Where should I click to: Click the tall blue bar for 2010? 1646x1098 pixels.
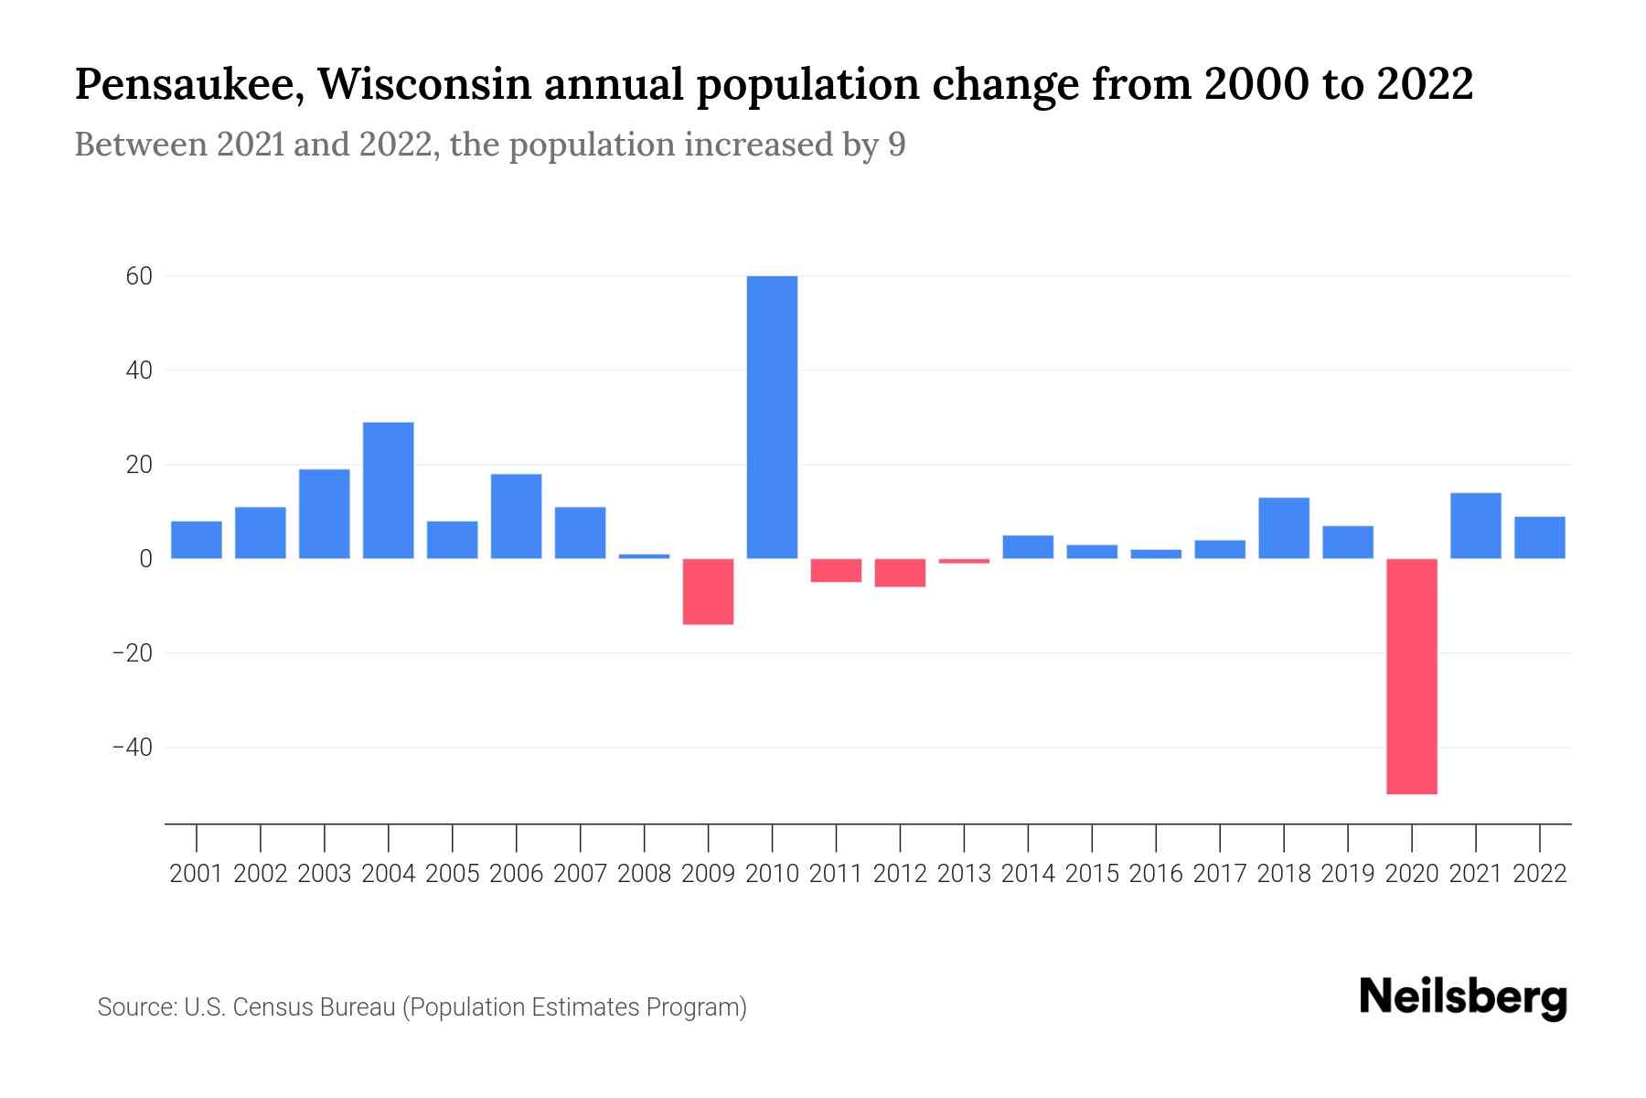[772, 417]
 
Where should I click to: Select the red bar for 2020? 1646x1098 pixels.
[1411, 676]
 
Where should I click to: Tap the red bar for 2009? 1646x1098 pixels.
[708, 592]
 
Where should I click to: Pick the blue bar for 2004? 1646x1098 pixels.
[388, 490]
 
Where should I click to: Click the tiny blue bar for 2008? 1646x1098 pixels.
[644, 555]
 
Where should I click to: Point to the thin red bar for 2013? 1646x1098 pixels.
[964, 561]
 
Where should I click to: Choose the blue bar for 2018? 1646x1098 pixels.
[1283, 528]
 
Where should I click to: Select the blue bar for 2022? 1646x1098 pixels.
[1539, 538]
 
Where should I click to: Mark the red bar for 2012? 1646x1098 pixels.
[900, 573]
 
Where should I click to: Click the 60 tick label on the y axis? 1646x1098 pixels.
[139, 276]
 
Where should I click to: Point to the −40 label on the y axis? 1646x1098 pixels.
[132, 748]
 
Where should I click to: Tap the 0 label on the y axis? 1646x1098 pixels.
[145, 559]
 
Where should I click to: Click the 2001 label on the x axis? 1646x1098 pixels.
[197, 874]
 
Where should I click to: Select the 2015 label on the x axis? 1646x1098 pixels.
[1092, 874]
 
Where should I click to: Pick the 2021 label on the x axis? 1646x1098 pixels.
[1475, 874]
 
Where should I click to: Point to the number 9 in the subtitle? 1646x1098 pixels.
[896, 145]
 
